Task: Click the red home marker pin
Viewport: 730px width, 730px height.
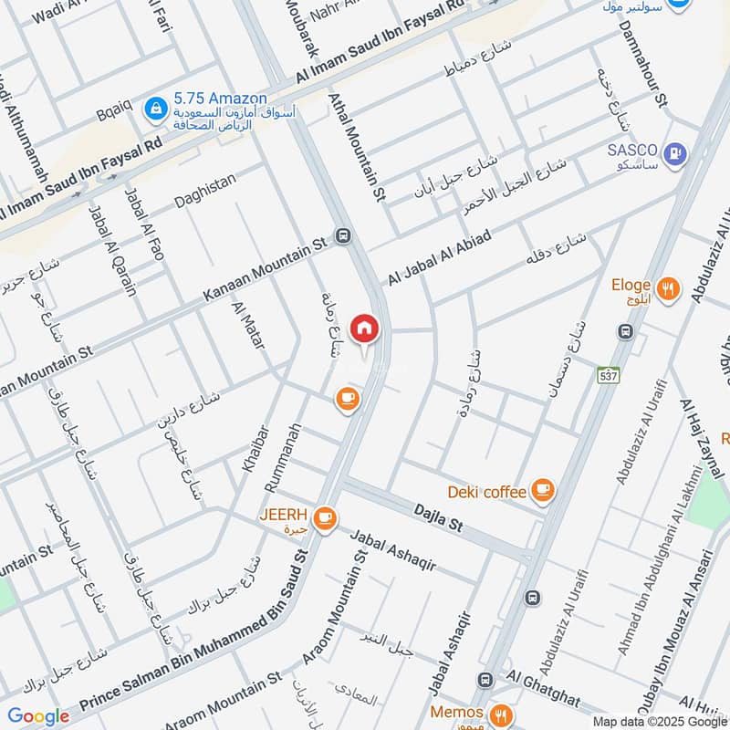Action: pos(364,329)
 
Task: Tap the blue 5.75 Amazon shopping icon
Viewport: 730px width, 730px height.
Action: pos(158,108)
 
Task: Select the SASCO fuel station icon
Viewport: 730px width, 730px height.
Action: pos(676,152)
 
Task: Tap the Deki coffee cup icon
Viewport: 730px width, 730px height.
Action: pos(543,491)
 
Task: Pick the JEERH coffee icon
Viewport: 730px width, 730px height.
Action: pos(324,518)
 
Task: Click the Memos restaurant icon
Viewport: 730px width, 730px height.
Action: pos(500,714)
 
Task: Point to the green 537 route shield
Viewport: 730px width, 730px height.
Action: pos(607,375)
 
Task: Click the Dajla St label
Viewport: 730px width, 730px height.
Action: pos(438,522)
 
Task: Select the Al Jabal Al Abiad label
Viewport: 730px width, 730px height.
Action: pos(440,257)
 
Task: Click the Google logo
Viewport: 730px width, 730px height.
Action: pos(38,716)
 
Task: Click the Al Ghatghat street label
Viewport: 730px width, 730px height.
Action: pos(544,689)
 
